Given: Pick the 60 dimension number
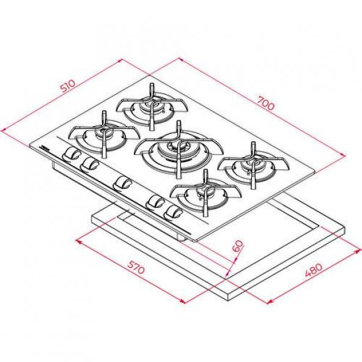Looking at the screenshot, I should [238, 246].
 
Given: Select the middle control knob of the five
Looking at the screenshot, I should [123, 182].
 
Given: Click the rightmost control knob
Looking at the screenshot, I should [173, 212].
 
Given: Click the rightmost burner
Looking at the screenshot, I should [251, 165].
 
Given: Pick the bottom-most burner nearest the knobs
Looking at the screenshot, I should [204, 194].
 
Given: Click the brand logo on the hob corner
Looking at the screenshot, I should [44, 147].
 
